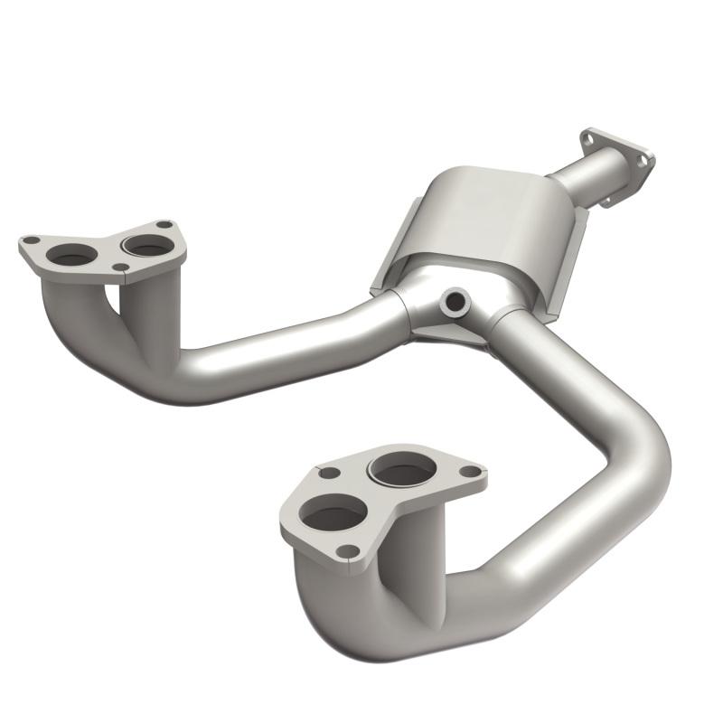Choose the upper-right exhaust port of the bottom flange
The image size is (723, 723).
pos(403,469)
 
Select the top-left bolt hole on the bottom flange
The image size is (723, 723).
pos(330,472)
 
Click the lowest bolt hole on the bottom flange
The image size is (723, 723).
pos(346,549)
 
